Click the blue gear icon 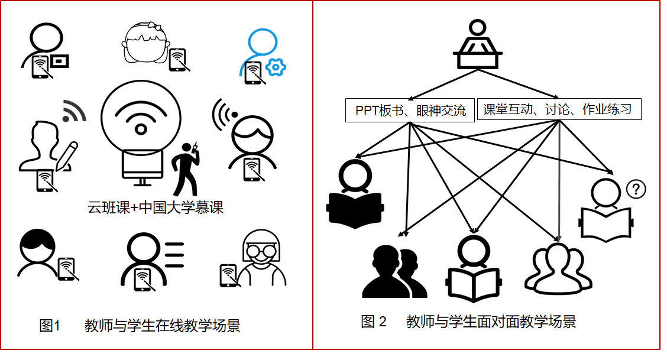tap(275, 67)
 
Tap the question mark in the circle tap(636, 189)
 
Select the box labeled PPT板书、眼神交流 tap(410, 110)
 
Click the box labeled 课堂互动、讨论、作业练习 tap(558, 109)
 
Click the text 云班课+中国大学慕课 tap(156, 207)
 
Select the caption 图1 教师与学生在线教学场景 tap(140, 326)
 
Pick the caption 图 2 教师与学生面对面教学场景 tap(468, 322)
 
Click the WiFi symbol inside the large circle tap(140, 118)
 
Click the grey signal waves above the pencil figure tap(73, 111)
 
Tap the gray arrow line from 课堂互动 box tap(559, 177)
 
